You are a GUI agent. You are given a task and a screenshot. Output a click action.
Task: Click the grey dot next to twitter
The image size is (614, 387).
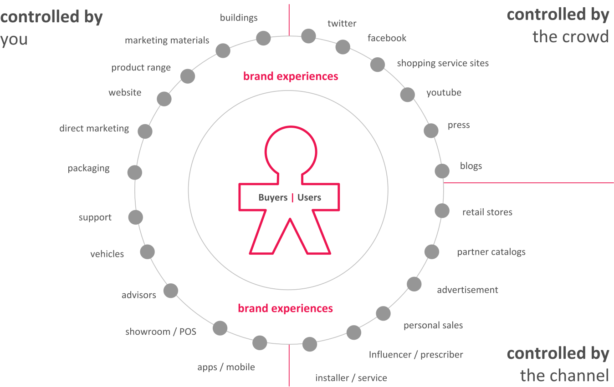[308, 36]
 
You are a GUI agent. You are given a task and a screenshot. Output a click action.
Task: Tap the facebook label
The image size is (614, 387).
[387, 38]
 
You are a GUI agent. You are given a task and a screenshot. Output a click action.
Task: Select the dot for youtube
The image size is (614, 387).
[407, 95]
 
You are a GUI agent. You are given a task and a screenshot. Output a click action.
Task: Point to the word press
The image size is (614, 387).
[459, 125]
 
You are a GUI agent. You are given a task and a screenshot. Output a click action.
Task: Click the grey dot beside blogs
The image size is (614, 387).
[442, 171]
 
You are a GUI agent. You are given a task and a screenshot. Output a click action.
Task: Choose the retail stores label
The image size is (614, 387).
[487, 212]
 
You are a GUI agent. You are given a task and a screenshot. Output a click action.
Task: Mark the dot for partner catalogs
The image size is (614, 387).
[432, 252]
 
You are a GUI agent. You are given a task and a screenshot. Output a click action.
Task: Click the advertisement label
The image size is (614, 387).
[467, 290]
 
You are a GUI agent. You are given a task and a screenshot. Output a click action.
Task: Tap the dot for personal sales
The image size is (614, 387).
[383, 313]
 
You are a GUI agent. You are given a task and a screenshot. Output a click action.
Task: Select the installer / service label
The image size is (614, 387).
[351, 378]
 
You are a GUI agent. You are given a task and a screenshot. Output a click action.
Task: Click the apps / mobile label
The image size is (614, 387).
[226, 367]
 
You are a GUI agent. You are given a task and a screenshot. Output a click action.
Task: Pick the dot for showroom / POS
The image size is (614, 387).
[220, 328]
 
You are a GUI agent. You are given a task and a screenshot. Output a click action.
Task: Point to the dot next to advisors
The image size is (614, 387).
[171, 291]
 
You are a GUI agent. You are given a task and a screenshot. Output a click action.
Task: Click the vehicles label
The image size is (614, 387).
[107, 254]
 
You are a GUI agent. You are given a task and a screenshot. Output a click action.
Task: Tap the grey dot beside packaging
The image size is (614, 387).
[134, 172]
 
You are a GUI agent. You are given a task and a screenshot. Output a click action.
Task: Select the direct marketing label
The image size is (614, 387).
[94, 128]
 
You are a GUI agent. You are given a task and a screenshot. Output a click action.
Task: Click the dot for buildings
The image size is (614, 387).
[263, 38]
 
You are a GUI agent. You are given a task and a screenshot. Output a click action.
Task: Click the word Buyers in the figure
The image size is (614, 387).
[273, 197]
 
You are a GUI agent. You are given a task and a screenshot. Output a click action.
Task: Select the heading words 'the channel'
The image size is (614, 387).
[564, 375]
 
